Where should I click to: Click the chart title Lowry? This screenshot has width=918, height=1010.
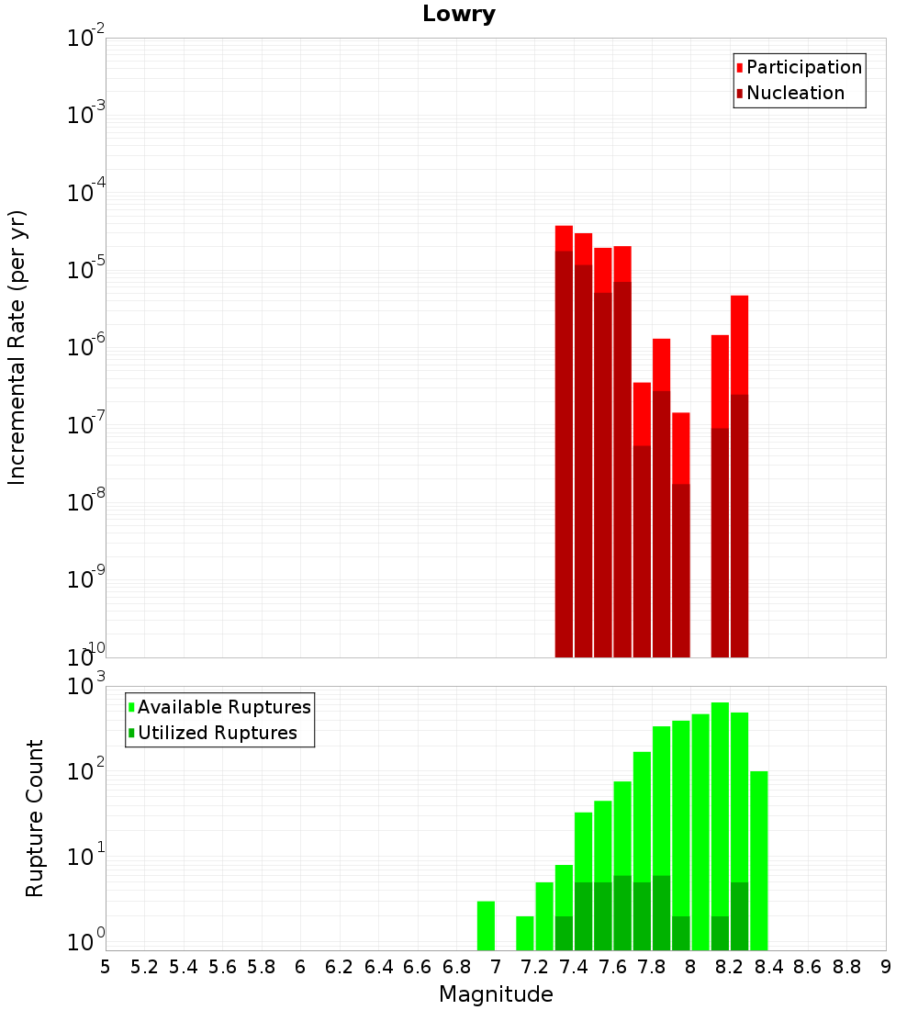coord(459,14)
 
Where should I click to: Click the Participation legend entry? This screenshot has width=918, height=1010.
coord(799,67)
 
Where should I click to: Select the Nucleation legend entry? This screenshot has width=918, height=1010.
coord(790,93)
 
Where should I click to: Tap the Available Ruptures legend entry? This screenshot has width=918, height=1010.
coord(219,707)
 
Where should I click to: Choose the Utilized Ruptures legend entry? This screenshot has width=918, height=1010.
coord(213,733)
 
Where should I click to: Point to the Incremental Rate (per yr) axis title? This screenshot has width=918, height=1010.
coord(17,347)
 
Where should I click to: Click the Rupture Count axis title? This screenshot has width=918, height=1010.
coord(34,818)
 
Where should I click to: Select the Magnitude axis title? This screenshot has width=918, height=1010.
coord(496,993)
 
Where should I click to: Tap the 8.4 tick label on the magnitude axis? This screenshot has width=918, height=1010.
coord(768,967)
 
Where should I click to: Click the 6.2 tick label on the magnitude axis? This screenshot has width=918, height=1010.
coord(340,967)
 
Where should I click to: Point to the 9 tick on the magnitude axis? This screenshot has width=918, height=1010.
coord(886,967)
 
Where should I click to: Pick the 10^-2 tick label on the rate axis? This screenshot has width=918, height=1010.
coord(85,37)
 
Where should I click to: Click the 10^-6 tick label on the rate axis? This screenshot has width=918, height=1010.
coord(85,346)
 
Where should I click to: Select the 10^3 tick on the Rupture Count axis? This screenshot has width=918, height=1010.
coord(85,685)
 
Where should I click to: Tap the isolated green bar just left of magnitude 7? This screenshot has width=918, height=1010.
coord(486,926)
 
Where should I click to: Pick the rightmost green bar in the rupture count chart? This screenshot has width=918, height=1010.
coord(759,860)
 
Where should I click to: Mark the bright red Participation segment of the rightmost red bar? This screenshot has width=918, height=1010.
coord(740,344)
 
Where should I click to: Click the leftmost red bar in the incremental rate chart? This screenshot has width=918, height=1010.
coord(564,442)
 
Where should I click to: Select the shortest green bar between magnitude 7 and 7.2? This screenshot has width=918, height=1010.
coord(525,933)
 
